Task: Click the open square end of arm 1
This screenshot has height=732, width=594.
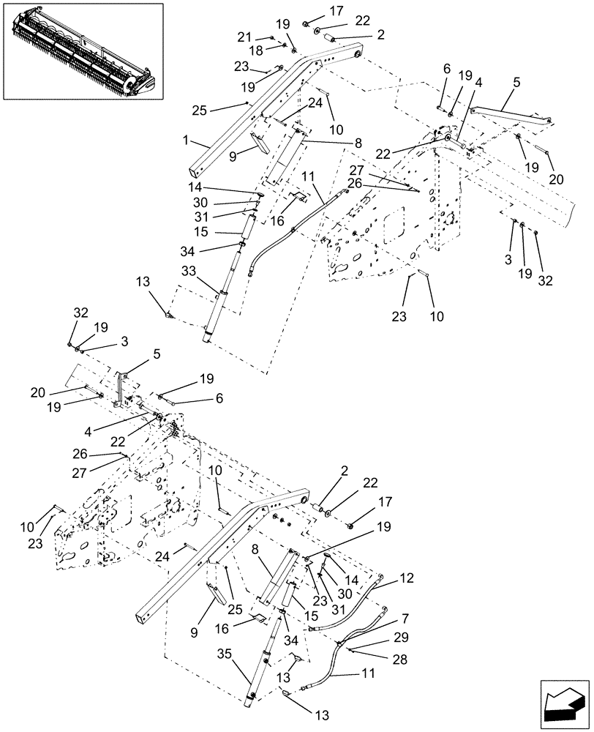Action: pyautogui.click(x=195, y=173)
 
